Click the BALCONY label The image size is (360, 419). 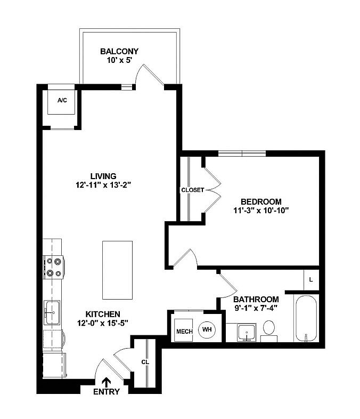(x=119, y=52)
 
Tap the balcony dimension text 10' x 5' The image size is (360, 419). (x=119, y=61)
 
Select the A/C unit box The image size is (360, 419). (x=62, y=101)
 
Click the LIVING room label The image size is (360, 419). (x=103, y=176)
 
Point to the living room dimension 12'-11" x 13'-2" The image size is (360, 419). (x=103, y=186)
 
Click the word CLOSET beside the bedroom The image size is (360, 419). (x=192, y=190)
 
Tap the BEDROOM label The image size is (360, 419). (x=261, y=202)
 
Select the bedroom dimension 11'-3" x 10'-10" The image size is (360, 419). (x=261, y=211)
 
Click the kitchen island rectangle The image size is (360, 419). (x=117, y=270)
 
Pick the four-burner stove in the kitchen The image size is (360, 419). (x=54, y=267)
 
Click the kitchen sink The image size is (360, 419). (x=52, y=312)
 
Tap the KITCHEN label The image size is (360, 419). (x=97, y=314)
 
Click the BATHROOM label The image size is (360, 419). (x=256, y=299)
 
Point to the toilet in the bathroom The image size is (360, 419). (x=269, y=329)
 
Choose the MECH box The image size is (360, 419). (x=184, y=331)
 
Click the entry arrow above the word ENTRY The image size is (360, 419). (x=107, y=381)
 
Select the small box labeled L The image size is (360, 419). (x=311, y=279)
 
